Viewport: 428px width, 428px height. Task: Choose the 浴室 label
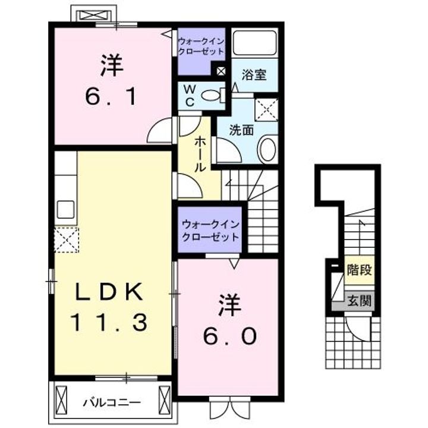[x=254, y=75]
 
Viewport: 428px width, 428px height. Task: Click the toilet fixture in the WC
[x=210, y=95]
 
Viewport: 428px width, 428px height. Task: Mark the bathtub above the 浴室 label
[x=254, y=43]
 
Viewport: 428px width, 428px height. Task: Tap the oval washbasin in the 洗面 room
[x=267, y=148]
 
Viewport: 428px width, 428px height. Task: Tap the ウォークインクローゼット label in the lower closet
[x=210, y=230]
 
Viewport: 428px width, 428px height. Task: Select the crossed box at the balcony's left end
[x=63, y=399]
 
